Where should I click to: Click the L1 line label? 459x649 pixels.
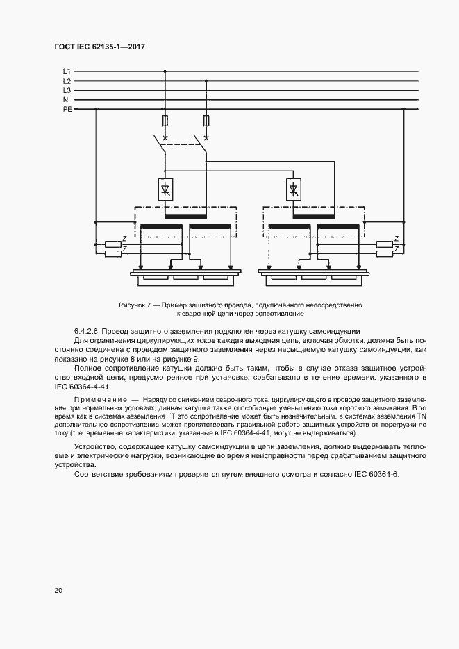click(x=67, y=71)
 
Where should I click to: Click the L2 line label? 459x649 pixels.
click(x=67, y=81)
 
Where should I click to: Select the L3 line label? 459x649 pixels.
click(x=67, y=90)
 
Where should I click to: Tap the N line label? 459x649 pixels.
click(x=66, y=100)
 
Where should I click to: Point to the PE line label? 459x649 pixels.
click(x=67, y=109)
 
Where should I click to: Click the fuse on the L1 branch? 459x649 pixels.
click(x=165, y=121)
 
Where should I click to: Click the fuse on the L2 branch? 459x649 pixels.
click(x=206, y=121)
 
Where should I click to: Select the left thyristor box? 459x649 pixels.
click(x=165, y=189)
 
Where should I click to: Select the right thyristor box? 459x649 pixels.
click(x=293, y=189)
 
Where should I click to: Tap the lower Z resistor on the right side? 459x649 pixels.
click(x=384, y=254)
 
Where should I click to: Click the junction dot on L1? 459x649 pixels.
click(x=165, y=71)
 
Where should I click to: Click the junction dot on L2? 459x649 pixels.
click(x=206, y=81)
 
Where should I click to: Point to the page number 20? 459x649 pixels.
click(x=58, y=590)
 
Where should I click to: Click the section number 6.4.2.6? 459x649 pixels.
click(x=89, y=330)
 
